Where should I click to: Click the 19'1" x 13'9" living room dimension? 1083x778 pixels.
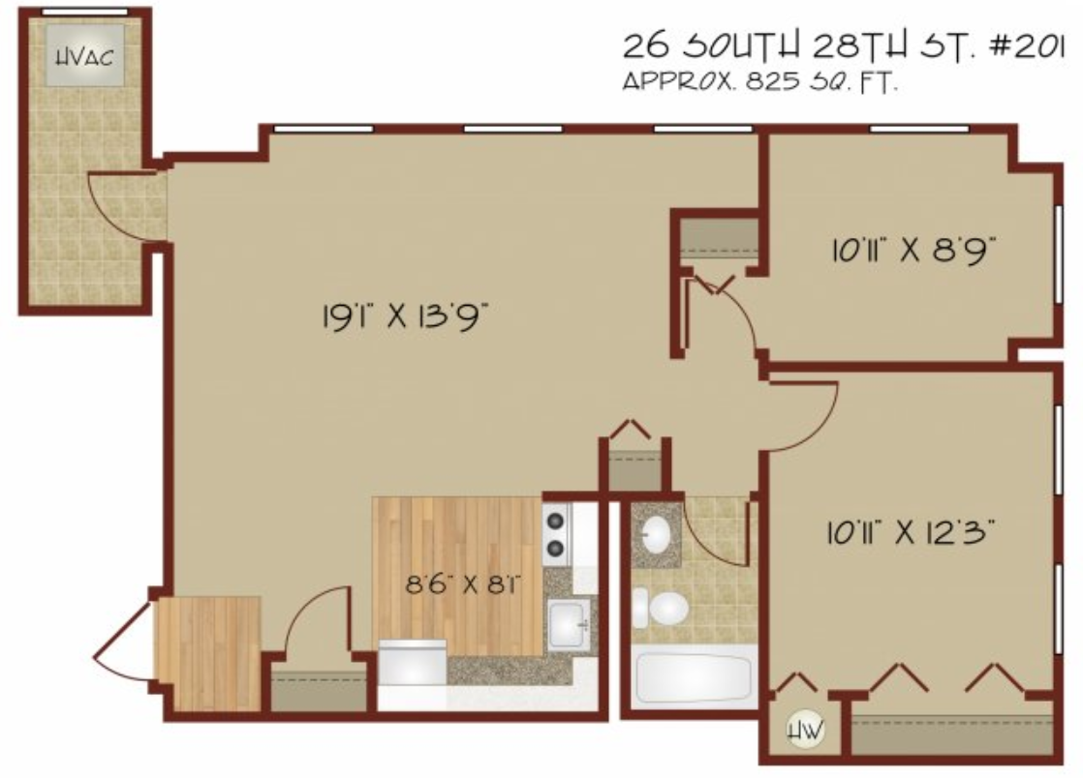click(x=406, y=317)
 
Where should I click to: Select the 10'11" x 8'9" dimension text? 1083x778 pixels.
click(x=913, y=250)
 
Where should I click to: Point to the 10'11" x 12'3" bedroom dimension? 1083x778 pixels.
click(x=911, y=532)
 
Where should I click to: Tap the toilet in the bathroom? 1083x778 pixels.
click(x=661, y=609)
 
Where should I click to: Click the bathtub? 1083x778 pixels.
click(x=693, y=678)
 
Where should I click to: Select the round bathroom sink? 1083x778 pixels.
click(x=656, y=534)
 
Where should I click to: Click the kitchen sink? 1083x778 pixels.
click(x=570, y=623)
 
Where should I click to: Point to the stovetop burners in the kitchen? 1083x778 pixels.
click(x=556, y=534)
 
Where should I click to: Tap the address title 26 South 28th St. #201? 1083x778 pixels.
click(x=844, y=46)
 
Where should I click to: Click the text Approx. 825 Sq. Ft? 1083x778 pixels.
click(x=760, y=82)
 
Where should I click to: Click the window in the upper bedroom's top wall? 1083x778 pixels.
click(x=918, y=129)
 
